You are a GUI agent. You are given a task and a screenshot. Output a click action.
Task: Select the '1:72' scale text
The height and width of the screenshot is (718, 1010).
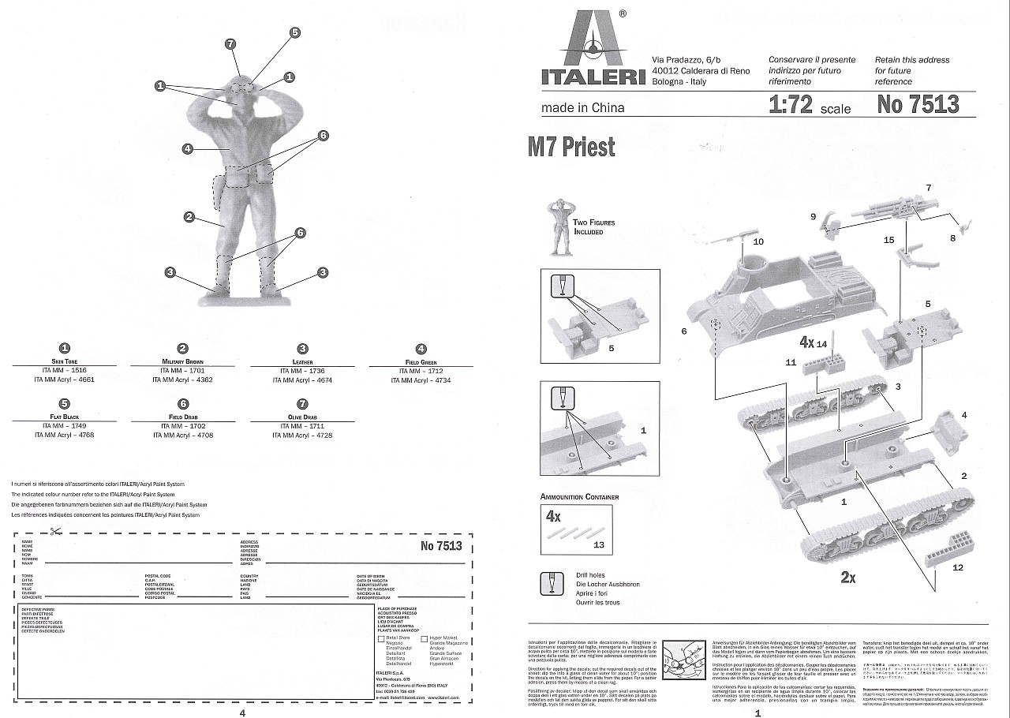(x=791, y=104)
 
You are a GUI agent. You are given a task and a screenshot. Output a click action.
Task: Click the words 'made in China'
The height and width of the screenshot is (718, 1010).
(x=560, y=108)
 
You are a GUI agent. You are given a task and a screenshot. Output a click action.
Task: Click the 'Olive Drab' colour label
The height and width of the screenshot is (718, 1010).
(x=301, y=417)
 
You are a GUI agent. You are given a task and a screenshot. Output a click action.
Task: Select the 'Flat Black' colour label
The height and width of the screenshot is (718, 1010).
(x=64, y=417)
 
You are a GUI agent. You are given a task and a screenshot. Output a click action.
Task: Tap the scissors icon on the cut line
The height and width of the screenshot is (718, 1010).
(x=54, y=531)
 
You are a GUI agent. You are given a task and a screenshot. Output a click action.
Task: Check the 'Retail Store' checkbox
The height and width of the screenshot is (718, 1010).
(x=381, y=638)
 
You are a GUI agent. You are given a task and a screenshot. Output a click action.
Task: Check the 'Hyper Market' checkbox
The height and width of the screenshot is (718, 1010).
(x=425, y=638)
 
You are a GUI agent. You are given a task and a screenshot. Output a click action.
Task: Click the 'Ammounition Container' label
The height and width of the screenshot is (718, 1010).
(x=579, y=497)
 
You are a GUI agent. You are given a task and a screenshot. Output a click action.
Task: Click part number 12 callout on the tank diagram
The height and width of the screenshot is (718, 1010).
(x=958, y=567)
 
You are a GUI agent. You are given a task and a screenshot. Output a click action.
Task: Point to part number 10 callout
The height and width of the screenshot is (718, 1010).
(x=758, y=241)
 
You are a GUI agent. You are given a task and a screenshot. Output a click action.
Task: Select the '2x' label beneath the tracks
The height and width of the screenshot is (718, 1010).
(x=848, y=578)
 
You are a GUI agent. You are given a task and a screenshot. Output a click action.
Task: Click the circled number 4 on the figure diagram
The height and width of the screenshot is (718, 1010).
(x=187, y=148)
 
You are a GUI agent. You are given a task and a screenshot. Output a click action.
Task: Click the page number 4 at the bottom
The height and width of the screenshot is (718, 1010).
(x=242, y=712)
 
